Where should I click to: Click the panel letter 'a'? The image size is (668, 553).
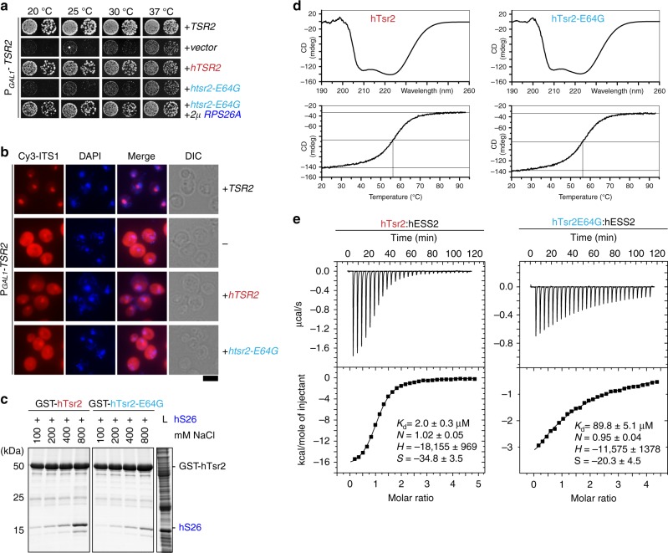pyautogui.click(x=5, y=8)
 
